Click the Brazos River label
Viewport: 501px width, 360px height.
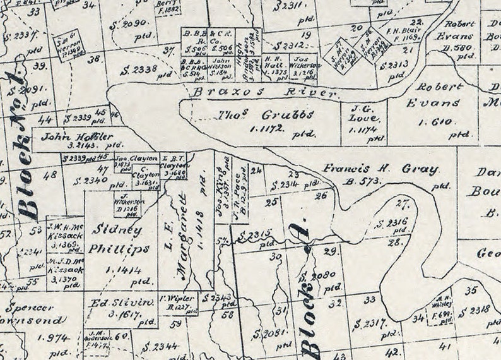268,93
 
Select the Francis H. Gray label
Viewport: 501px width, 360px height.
380,169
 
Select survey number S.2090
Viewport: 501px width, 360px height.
133,23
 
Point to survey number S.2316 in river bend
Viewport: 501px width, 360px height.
391,223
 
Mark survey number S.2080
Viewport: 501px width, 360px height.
317,277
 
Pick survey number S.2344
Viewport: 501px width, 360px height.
160,346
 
